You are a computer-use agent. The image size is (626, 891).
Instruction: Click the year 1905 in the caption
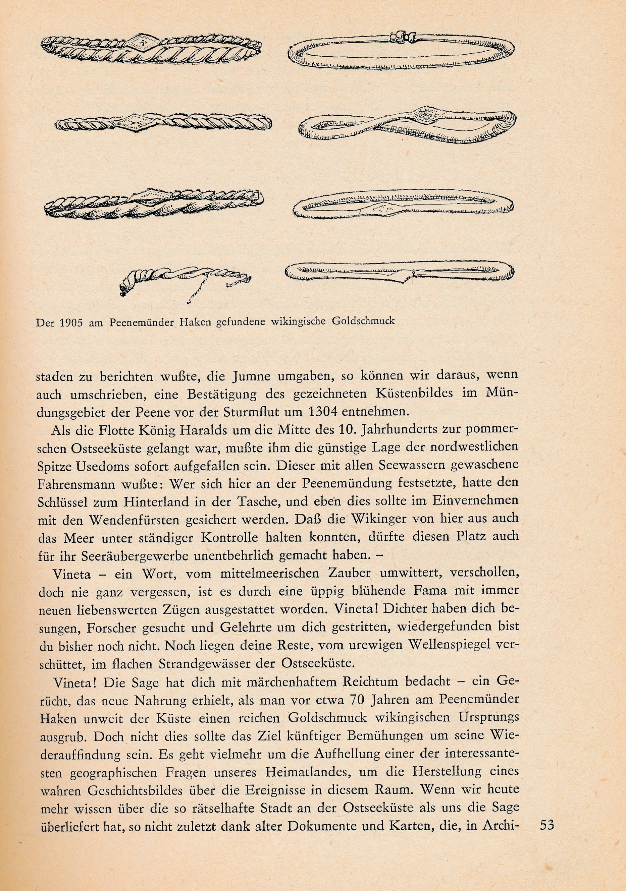[x=71, y=323]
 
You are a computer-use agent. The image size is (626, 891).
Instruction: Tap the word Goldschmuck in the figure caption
[x=363, y=321]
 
